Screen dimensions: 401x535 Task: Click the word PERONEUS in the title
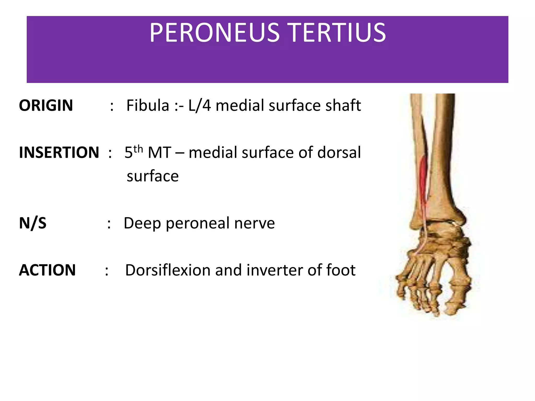(x=214, y=33)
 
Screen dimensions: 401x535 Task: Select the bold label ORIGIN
(x=46, y=105)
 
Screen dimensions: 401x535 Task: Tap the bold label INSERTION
(x=59, y=152)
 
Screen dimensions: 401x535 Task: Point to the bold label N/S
(x=33, y=223)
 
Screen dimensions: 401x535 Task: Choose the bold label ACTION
(x=47, y=270)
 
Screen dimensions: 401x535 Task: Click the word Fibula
(x=148, y=105)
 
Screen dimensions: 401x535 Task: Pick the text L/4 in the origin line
(x=199, y=105)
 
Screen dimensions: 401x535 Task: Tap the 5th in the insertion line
(x=133, y=151)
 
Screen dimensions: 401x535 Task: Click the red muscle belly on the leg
(x=423, y=180)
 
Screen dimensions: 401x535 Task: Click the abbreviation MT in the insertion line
(x=159, y=152)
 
